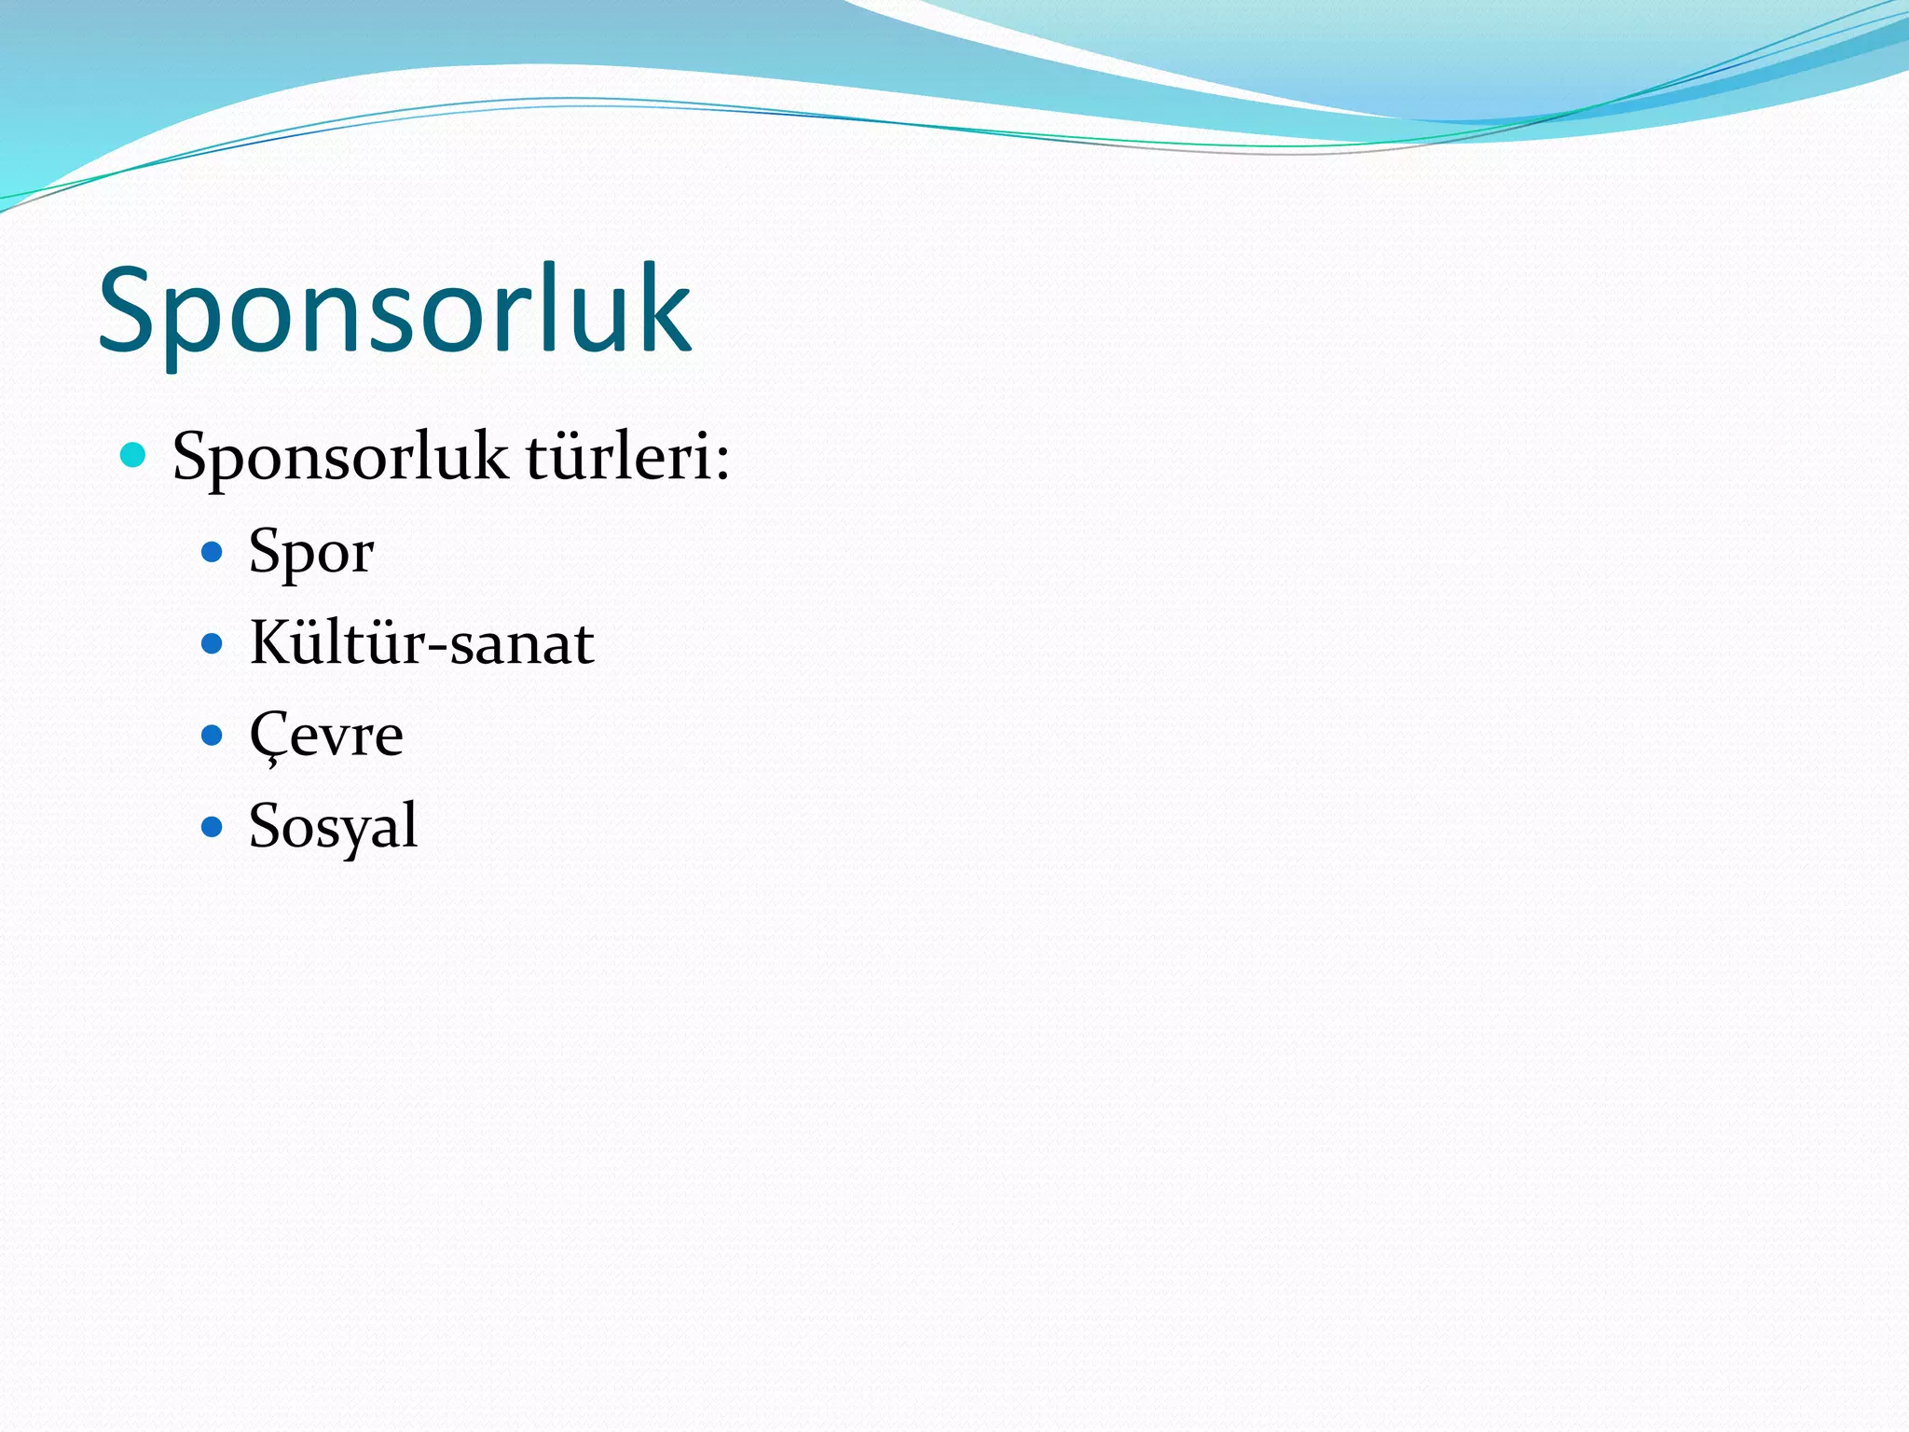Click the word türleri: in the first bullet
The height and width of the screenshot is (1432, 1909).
coord(626,458)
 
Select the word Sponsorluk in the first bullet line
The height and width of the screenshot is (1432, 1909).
coord(340,458)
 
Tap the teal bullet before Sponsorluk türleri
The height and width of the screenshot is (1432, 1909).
coord(133,455)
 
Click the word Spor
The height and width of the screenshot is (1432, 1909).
coord(311,553)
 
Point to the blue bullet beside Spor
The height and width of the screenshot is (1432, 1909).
coord(213,552)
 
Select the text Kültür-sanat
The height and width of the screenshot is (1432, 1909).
coord(421,643)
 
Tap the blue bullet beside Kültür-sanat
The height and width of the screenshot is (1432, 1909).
coord(213,643)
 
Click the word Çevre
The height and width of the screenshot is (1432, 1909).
coord(326,736)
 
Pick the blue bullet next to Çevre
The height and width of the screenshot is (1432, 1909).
coord(213,736)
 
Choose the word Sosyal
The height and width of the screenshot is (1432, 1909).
coord(333,827)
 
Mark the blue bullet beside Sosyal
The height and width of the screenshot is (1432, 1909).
coord(213,826)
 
